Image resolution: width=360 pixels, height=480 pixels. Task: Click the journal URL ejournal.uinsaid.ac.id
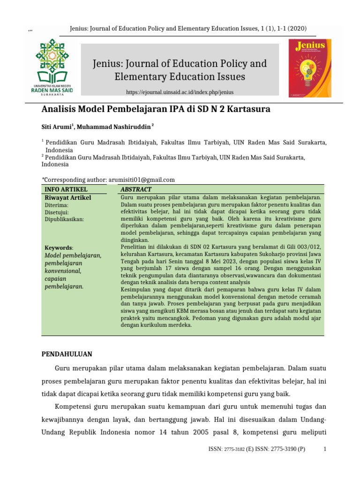click(x=180, y=92)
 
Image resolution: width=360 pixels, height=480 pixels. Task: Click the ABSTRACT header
click(x=136, y=189)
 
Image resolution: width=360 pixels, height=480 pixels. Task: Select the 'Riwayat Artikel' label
click(x=67, y=198)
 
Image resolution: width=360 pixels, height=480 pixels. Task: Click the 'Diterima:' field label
click(x=57, y=205)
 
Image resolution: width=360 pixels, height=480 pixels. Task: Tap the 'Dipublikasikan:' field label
click(x=64, y=219)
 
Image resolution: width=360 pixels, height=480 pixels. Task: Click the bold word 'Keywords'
click(x=59, y=247)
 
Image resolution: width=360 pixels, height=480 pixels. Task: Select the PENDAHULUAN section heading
click(x=67, y=354)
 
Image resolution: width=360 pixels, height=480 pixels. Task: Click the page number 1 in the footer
click(x=325, y=449)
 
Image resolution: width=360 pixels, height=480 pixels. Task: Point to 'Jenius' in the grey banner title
click(x=107, y=63)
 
